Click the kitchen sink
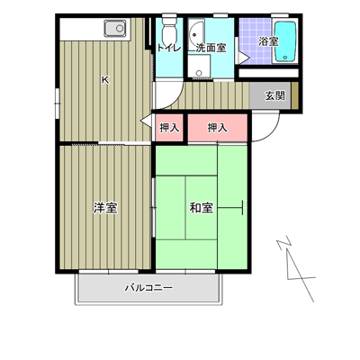click(115, 29)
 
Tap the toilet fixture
click(169, 30)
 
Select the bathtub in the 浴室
click(285, 40)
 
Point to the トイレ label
click(169, 48)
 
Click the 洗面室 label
click(211, 48)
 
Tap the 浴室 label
click(269, 41)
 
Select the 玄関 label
click(274, 95)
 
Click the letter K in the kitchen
click(105, 80)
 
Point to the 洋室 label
click(105, 208)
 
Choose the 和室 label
click(202, 208)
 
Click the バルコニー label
click(148, 288)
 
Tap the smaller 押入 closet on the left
click(169, 128)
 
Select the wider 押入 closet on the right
click(218, 128)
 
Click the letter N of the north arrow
click(284, 244)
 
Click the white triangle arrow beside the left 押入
click(147, 121)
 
